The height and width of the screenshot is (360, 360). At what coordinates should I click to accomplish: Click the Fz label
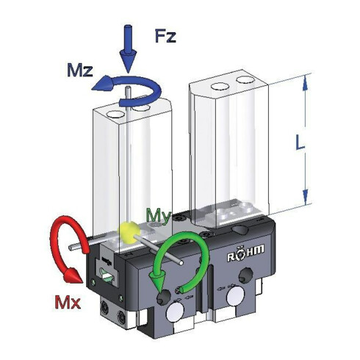165,36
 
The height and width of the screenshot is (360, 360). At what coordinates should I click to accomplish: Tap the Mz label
80,70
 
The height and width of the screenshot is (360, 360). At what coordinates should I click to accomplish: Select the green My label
159,216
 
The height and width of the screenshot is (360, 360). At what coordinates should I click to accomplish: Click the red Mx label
68,302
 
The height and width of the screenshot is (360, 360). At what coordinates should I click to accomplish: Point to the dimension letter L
300,143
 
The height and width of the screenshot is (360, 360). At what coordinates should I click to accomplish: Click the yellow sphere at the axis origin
129,232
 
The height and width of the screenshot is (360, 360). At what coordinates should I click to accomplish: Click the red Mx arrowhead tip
82,282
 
